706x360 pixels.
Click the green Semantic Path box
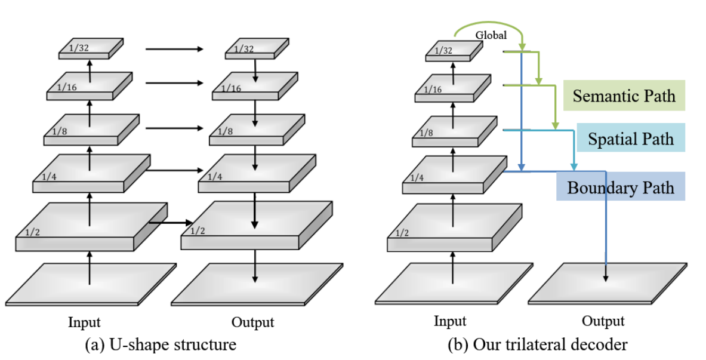pos(624,96)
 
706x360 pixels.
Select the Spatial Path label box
pos(630,139)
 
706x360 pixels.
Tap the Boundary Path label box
pos(620,187)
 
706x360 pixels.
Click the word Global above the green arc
pos(491,35)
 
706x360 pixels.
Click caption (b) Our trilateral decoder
pos(537,344)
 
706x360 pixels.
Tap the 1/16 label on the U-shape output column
pos(232,88)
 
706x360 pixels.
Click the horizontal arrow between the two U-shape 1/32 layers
pos(174,49)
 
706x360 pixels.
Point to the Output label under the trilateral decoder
pos(603,321)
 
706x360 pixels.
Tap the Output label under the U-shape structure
pos(252,322)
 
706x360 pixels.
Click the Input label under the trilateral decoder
pos(449,321)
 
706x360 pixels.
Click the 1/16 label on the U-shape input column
pos(67,88)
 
